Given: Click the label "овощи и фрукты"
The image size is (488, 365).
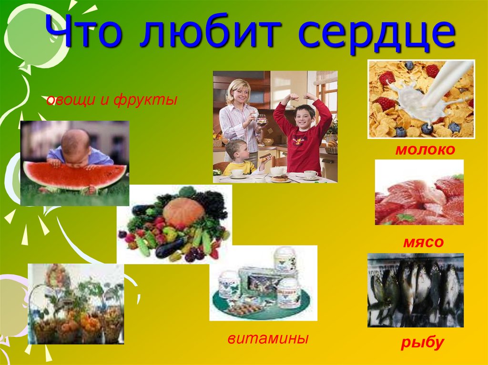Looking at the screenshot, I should (112, 100).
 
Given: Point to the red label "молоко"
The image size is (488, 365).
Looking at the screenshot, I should (425, 150).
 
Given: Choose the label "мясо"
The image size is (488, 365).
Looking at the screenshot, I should (423, 243).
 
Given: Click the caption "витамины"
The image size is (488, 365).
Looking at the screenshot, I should (268, 339).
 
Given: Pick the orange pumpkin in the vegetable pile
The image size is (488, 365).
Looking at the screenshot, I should (183, 211).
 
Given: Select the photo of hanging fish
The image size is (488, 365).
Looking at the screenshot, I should (415, 290).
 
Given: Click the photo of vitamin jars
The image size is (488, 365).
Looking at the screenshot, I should (263, 283).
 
